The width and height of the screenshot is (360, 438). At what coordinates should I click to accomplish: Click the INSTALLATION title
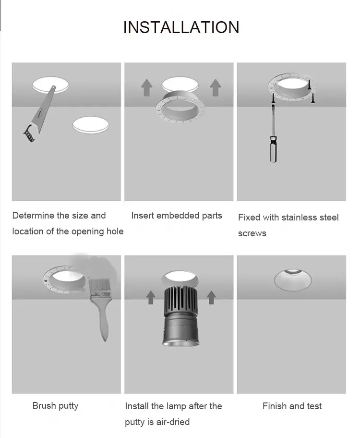(181, 27)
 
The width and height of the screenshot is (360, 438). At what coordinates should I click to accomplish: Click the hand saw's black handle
(28, 133)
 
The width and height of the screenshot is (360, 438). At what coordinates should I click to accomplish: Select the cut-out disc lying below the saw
(91, 125)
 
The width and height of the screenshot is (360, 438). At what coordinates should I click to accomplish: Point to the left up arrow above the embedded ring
(146, 88)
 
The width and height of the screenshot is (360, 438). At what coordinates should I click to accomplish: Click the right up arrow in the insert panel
(215, 88)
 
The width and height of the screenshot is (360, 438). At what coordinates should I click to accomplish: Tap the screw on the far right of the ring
(313, 98)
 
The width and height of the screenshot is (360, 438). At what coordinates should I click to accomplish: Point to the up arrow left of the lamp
(151, 297)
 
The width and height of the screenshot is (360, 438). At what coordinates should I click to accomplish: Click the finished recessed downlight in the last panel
(292, 280)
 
